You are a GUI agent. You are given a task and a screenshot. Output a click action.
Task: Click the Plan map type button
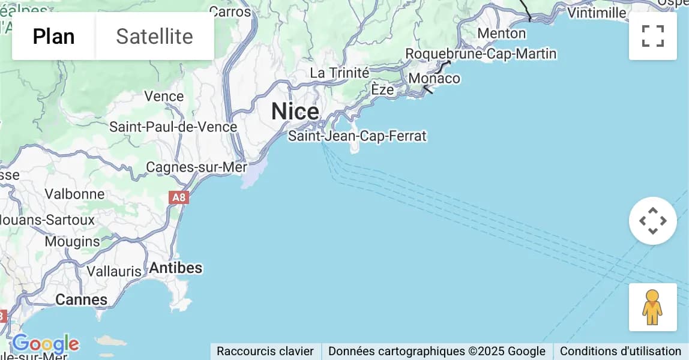(53, 37)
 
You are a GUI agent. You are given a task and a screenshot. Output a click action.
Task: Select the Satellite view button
(154, 37)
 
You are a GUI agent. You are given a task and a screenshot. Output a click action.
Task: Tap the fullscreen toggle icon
(652, 36)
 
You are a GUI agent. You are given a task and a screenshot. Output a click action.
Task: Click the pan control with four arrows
(652, 221)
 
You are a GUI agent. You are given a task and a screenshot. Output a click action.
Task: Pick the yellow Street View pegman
(652, 307)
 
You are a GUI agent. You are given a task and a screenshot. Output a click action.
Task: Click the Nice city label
(295, 112)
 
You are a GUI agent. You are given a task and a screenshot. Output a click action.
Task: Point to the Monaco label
(434, 79)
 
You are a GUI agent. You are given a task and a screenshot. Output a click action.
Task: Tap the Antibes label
(175, 268)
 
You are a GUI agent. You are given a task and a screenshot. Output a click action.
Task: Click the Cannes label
(81, 299)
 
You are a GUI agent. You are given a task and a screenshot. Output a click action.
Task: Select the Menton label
(502, 33)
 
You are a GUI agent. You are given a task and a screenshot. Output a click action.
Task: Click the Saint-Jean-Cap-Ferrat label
(357, 136)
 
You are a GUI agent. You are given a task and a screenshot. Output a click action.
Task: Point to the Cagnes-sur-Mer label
(196, 167)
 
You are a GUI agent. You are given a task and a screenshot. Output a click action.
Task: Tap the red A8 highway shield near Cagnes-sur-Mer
(179, 197)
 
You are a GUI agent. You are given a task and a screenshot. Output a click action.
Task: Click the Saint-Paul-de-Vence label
(173, 127)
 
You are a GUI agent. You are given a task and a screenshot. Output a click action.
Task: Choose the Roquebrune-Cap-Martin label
(481, 54)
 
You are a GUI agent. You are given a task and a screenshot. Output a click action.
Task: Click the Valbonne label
(74, 194)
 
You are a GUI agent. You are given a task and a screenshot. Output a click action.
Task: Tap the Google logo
(46, 344)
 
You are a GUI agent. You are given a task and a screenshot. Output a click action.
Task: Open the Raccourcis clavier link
(265, 351)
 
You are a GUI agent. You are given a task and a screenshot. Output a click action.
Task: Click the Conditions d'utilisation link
(621, 351)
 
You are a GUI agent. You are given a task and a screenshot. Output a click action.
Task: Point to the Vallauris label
(114, 271)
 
